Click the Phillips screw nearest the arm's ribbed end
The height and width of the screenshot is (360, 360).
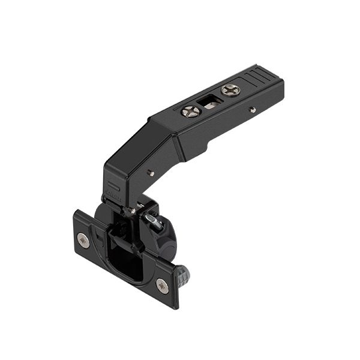click(230, 90)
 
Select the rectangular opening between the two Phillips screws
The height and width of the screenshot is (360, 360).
click(211, 101)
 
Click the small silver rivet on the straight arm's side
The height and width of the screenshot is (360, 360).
click(253, 110)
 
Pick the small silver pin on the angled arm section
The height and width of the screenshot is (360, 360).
click(151, 173)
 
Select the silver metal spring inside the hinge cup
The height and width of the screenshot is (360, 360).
click(154, 223)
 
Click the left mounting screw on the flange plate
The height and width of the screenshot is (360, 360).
click(83, 241)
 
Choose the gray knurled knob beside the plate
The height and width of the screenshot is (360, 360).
click(182, 276)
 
